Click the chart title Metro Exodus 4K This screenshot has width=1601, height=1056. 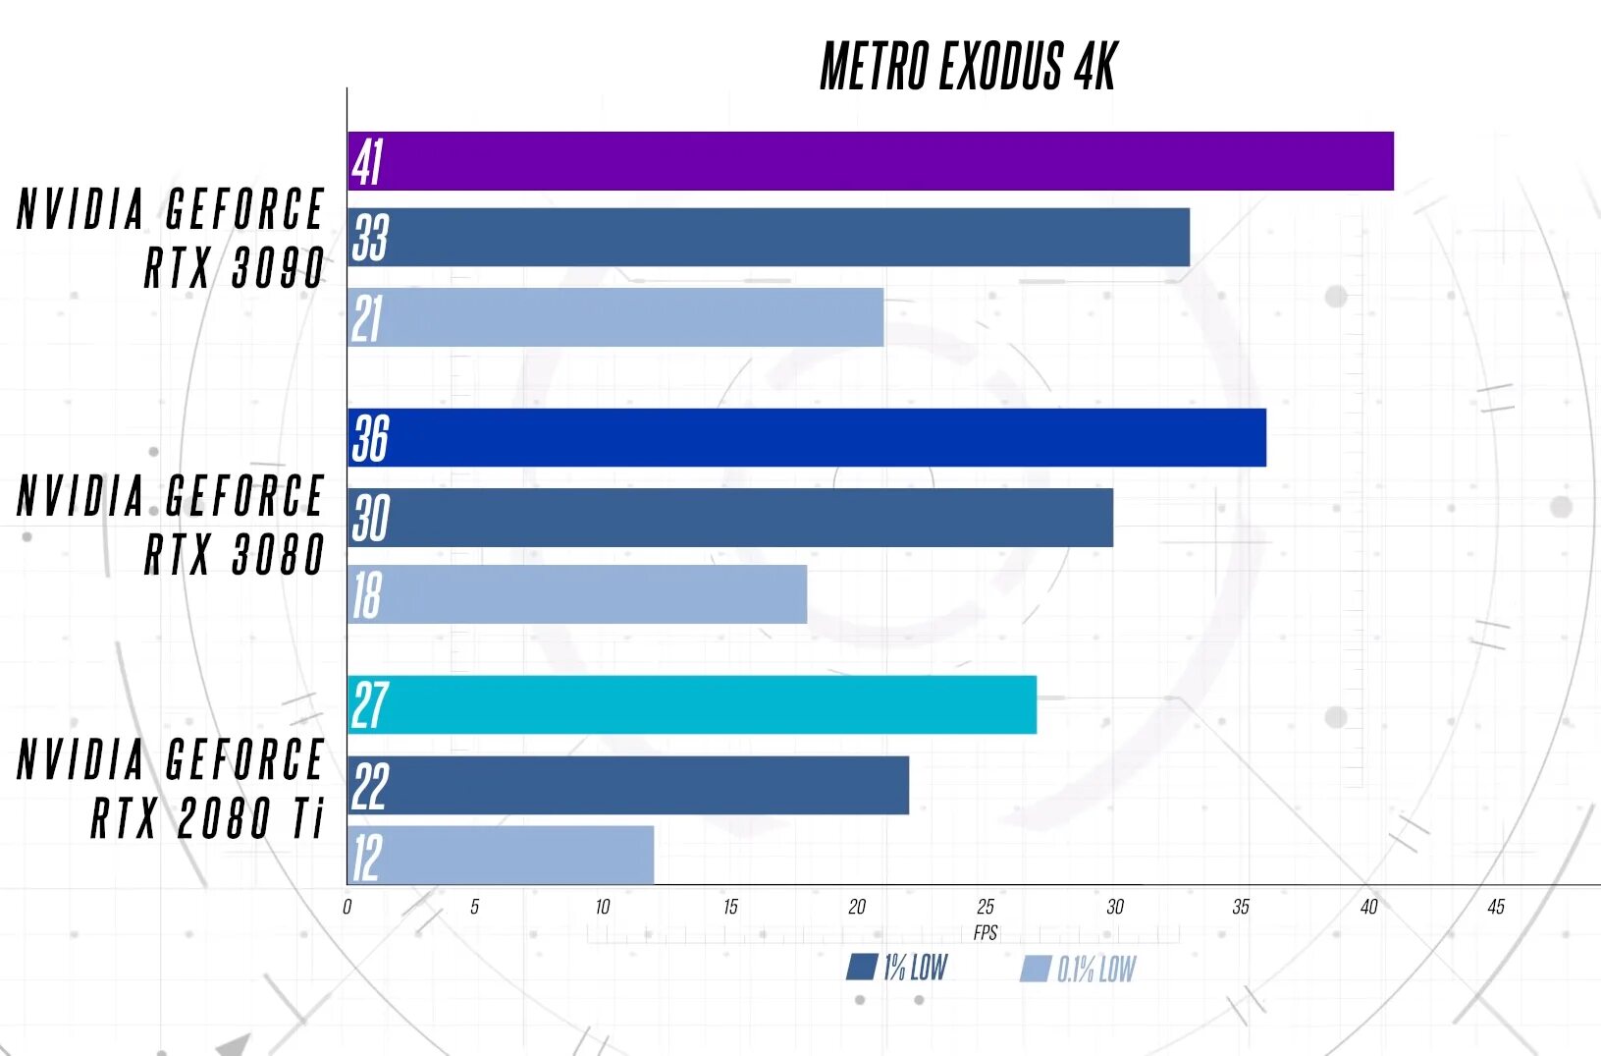[968, 67]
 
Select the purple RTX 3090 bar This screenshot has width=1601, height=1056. [871, 161]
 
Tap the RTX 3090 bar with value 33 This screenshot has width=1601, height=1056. [769, 237]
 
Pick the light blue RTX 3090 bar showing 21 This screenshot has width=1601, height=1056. [615, 317]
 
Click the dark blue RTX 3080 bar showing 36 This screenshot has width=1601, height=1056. [807, 438]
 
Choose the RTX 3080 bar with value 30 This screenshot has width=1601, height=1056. [730, 518]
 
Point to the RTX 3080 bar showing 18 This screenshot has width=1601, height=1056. [577, 594]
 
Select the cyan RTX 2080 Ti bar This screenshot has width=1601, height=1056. [692, 704]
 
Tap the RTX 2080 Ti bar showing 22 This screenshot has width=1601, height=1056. [628, 785]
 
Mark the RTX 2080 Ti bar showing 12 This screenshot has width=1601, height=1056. [501, 856]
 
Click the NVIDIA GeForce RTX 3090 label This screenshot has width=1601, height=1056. [171, 239]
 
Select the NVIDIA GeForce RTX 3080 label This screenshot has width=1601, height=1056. [171, 525]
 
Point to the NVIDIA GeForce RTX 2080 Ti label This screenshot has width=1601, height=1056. [171, 789]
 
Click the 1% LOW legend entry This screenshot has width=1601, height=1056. [897, 969]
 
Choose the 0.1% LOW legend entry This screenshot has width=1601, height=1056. [1078, 970]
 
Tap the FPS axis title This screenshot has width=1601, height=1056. [986, 932]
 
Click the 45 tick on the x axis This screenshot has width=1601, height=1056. [1496, 907]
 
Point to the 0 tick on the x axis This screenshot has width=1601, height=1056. [347, 907]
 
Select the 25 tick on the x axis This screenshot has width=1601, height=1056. [986, 907]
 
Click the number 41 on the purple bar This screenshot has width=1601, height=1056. [367, 162]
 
